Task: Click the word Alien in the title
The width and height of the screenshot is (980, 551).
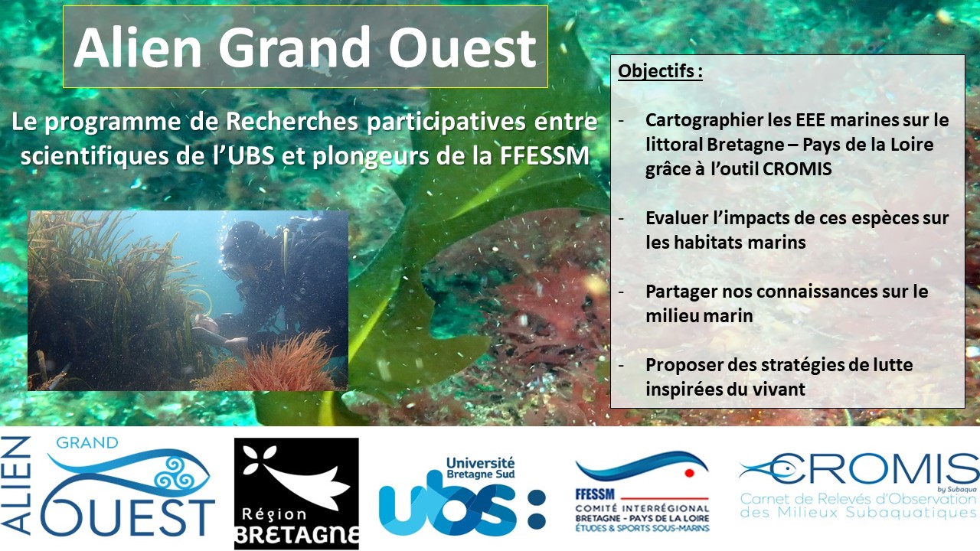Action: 137,47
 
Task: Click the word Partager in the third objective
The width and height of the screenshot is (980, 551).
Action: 681,292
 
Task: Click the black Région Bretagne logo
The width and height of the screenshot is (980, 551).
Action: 296,494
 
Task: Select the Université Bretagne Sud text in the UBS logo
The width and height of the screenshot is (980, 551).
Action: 480,468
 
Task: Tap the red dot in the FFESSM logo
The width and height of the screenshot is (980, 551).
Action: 690,473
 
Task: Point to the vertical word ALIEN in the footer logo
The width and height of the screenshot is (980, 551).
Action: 16,485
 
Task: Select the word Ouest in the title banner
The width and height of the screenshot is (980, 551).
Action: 462,47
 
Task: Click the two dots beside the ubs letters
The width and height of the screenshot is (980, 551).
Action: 537,509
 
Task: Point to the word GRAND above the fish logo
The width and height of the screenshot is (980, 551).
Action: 87,442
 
